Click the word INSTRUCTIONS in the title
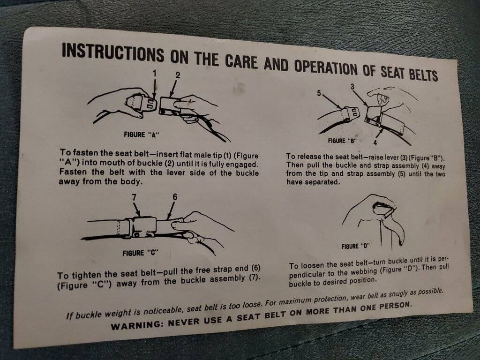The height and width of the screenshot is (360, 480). click(113, 53)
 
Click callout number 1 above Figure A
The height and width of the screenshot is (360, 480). click(155, 73)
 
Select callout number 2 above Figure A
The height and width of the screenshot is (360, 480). click(178, 75)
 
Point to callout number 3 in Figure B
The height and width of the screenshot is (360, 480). click(352, 87)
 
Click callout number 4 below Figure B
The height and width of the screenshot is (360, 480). click(375, 142)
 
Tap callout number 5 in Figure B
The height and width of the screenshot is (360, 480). click(319, 93)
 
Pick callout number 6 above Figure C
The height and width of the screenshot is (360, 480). click(174, 197)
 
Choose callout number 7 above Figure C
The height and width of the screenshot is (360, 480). click(134, 197)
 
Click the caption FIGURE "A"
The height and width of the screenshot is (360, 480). click(142, 135)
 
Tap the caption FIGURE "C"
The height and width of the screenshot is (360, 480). click(141, 253)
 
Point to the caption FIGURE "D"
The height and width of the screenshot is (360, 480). click(356, 246)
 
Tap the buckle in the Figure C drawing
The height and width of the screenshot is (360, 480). click(144, 227)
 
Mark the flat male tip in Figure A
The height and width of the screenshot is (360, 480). click(151, 104)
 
